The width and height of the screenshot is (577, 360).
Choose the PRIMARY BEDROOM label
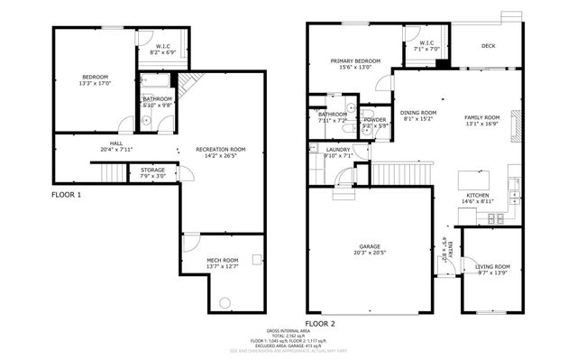(354, 61)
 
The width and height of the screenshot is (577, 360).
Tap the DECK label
(488, 46)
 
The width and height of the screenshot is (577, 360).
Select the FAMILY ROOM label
(481, 117)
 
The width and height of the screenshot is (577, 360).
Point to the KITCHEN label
(478, 196)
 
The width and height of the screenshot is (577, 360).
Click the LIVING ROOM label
(493, 266)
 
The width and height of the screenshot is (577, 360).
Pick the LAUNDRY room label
(339, 149)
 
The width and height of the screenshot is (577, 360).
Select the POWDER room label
(375, 119)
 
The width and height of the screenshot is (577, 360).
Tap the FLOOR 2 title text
(319, 322)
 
